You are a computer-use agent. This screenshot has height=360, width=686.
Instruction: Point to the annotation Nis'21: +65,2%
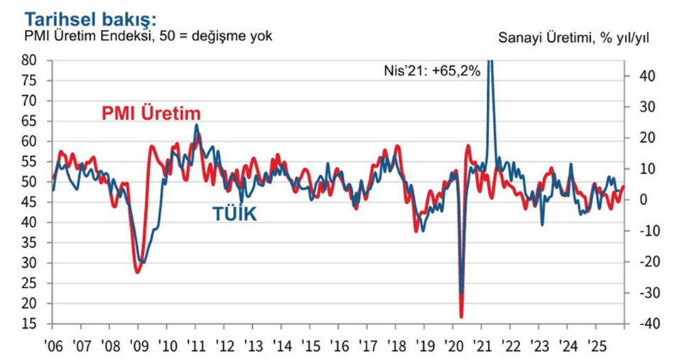pyautogui.click(x=428, y=70)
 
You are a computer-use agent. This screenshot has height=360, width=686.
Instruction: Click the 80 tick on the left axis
pyautogui.click(x=29, y=60)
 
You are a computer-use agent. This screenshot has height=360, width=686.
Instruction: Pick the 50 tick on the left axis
pyautogui.click(x=29, y=182)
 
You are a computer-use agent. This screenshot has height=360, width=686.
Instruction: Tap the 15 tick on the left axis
pyautogui.click(x=29, y=324)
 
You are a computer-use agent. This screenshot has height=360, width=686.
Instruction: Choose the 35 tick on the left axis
pyautogui.click(x=29, y=243)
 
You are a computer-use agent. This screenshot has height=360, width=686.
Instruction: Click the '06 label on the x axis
pyautogui.click(x=53, y=347)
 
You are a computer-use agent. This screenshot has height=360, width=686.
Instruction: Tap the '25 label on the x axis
pyautogui.click(x=597, y=347)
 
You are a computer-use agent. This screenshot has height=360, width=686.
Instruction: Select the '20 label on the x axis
pyautogui.click(x=453, y=347)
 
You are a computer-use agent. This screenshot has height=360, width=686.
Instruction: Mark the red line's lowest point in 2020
pyautogui.click(x=461, y=317)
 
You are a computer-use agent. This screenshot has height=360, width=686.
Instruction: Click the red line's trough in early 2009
pyautogui.click(x=137, y=272)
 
